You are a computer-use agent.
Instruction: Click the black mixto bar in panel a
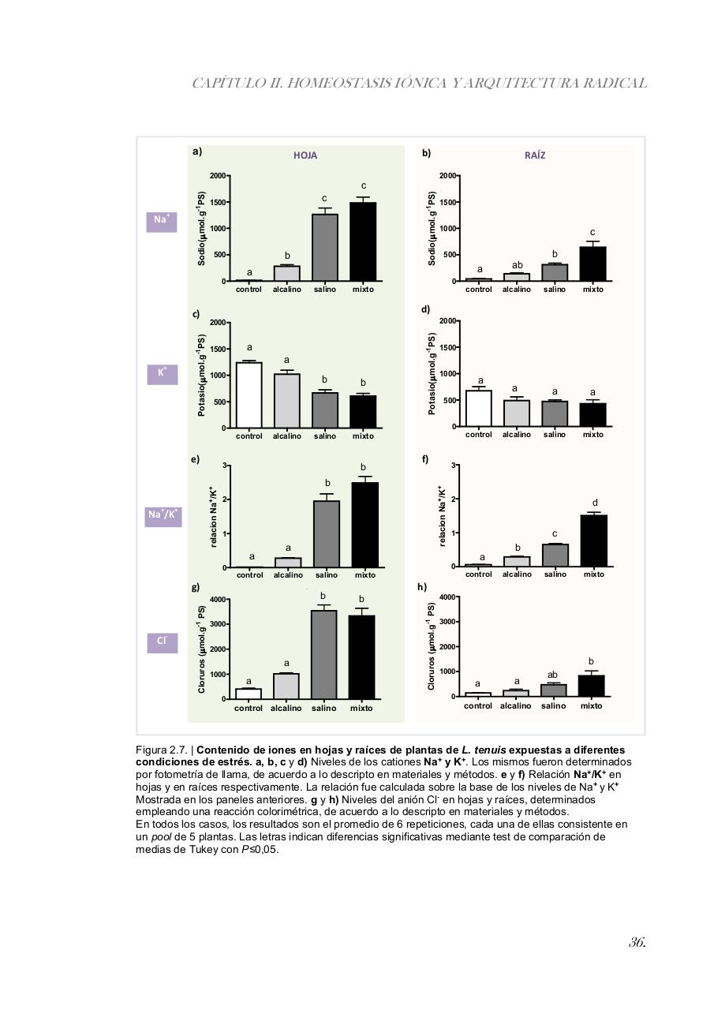(363, 241)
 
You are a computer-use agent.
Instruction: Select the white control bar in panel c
(249, 395)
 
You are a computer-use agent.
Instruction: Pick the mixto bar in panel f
(593, 541)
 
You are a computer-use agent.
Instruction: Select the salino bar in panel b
(555, 272)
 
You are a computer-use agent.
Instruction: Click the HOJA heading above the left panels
(305, 155)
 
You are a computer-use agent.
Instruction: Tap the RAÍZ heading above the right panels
(535, 155)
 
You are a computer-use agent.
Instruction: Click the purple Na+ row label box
(161, 222)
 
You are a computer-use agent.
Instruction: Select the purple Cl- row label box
(162, 643)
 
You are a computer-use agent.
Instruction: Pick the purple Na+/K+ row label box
(163, 516)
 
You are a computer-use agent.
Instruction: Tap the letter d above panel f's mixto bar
(595, 503)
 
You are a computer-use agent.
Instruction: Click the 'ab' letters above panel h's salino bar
(552, 675)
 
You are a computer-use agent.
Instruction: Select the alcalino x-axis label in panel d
(517, 435)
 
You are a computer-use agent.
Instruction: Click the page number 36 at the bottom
(637, 942)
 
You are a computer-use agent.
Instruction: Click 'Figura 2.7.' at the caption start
(161, 750)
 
